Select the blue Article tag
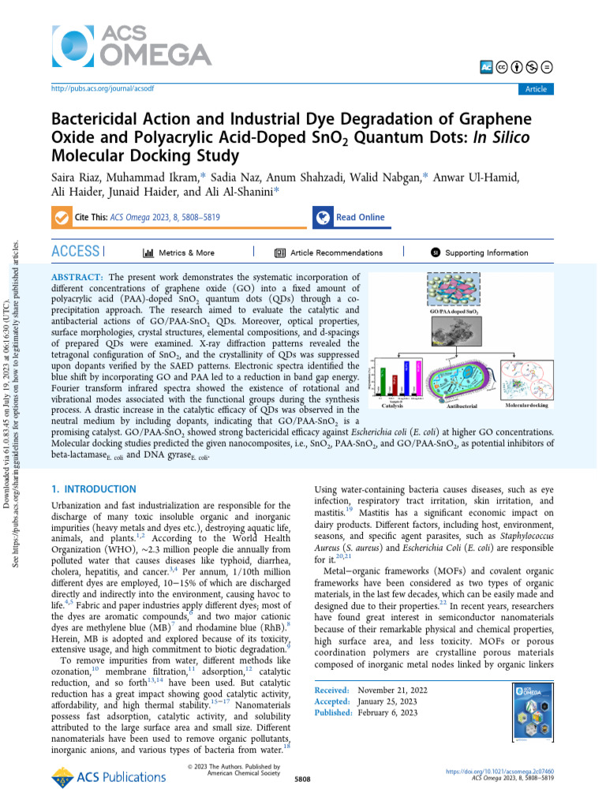click(x=536, y=89)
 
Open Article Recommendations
click(x=329, y=252)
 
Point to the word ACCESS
click(x=75, y=252)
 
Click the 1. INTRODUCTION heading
click(x=93, y=489)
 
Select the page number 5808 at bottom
click(x=302, y=778)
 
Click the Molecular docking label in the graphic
click(x=526, y=405)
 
